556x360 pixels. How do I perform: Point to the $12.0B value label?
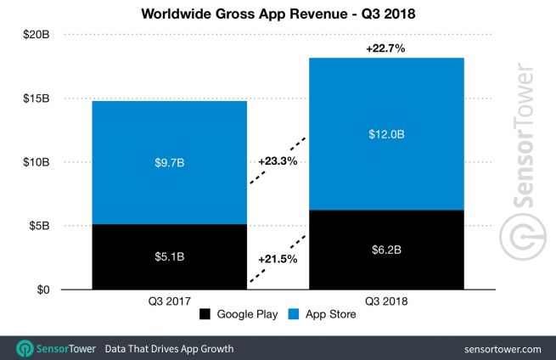pyautogui.click(x=385, y=134)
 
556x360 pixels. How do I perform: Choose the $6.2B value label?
pyautogui.click(x=385, y=250)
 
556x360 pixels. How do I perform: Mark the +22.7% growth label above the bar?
pyautogui.click(x=385, y=48)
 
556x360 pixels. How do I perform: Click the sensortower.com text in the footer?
pyautogui.click(x=503, y=349)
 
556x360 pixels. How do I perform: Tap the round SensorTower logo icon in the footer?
pyautogui.click(x=25, y=348)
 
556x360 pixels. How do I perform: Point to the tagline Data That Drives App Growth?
pyautogui.click(x=169, y=349)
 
